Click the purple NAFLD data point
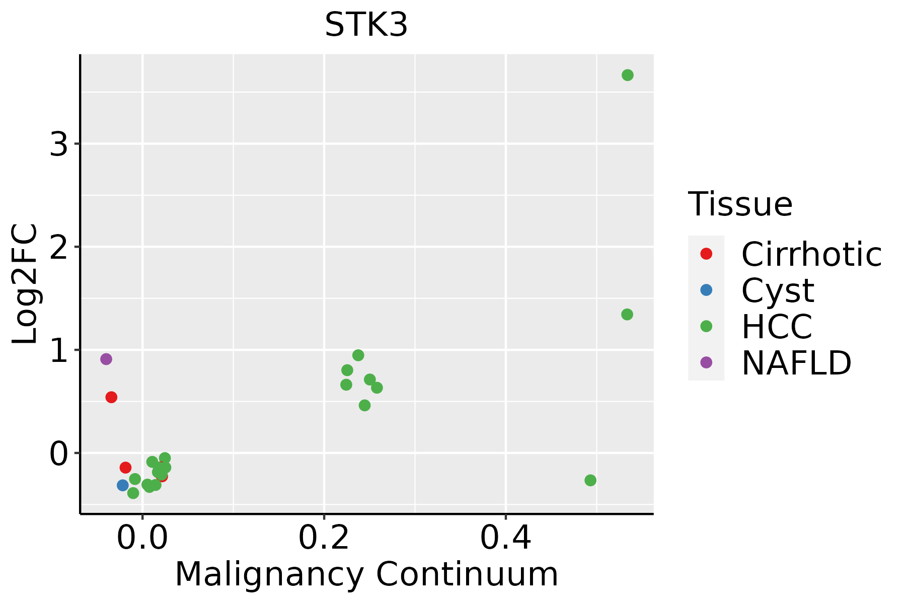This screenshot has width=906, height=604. pos(106,359)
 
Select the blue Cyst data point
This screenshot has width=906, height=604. pos(123,485)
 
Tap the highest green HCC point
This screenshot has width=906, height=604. pos(627,75)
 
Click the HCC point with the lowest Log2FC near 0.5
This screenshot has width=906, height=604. pos(590,480)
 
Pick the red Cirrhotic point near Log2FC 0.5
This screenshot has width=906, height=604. pos(111,397)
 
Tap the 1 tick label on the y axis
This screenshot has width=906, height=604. pos(59,351)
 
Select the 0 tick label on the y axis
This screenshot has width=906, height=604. pos(59,454)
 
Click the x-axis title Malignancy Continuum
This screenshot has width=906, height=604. pos(366,575)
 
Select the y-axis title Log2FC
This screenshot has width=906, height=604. pos(25,284)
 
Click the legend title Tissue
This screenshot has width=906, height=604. pos(740,204)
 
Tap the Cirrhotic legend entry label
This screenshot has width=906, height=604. pos(811,254)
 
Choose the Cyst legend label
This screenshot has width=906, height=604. pos(778,290)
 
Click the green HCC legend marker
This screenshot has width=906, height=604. pos(706,326)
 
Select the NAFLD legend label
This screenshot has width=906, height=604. pos(796,362)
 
